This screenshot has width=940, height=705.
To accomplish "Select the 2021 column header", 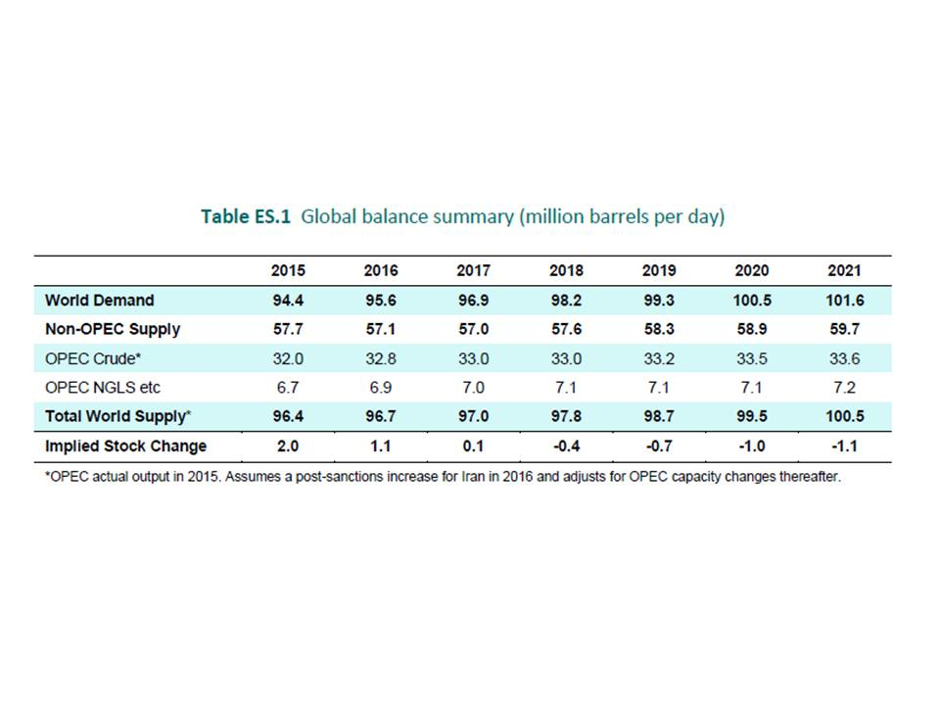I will coord(843,270).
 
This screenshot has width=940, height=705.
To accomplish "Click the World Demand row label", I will coord(99,300).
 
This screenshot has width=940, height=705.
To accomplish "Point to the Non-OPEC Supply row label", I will coord(112,329).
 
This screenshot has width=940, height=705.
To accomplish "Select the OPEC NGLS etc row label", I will coord(102,388).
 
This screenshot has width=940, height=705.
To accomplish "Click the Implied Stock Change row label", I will coord(125,446).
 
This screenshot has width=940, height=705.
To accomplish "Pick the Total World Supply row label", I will coord(117,416).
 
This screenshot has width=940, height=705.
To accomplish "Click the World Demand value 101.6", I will coord(843,300).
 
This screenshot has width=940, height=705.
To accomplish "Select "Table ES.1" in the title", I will coord(246,216).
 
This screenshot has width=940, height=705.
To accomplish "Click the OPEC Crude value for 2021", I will coord(843,358).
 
